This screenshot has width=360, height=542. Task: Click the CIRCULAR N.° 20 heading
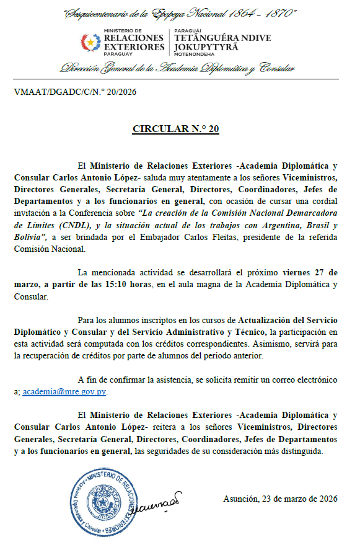pyautogui.click(x=175, y=130)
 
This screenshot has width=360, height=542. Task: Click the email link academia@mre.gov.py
pyautogui.click(x=64, y=391)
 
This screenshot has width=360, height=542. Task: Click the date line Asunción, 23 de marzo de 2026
pyautogui.click(x=279, y=499)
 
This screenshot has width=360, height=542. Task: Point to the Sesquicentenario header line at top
pyautogui.click(x=180, y=13)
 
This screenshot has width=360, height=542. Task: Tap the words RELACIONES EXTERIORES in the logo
pyautogui.click(x=134, y=42)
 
